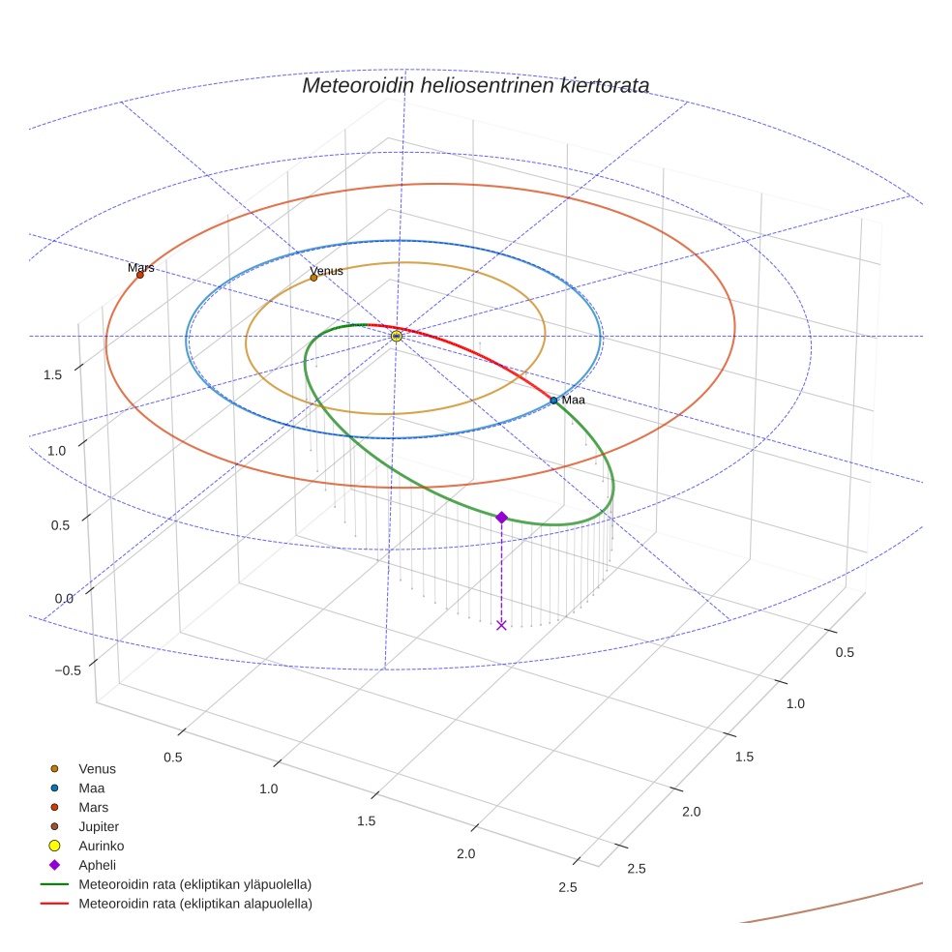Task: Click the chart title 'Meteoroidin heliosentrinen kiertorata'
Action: [475, 85]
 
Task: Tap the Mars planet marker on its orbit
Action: [140, 275]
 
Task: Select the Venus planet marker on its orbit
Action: [313, 278]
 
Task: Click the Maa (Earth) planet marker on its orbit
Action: [553, 400]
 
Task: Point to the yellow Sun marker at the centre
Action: [397, 336]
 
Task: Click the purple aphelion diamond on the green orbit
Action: [501, 518]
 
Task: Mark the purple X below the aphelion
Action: [501, 625]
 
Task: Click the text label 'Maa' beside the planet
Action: [574, 400]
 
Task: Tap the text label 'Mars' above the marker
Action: [141, 267]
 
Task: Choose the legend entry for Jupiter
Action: [98, 826]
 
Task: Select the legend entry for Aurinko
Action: [101, 846]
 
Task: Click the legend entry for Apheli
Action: [97, 865]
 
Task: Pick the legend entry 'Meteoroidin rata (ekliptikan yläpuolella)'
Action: [194, 884]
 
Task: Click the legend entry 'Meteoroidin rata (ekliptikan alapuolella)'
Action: [194, 904]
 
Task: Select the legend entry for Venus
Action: [97, 768]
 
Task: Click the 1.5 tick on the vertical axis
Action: [53, 374]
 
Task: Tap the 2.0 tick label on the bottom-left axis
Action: [465, 853]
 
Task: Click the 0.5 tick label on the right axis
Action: [845, 652]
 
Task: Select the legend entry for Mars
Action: [93, 807]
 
